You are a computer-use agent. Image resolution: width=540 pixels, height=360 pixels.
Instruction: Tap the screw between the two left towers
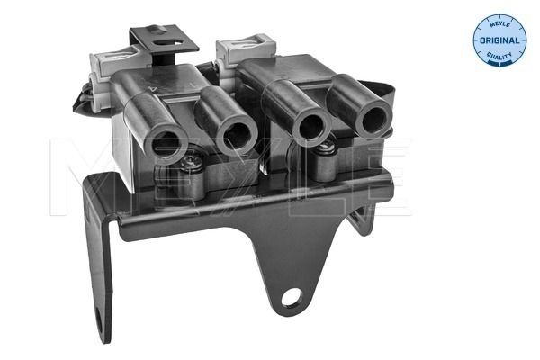(192, 164)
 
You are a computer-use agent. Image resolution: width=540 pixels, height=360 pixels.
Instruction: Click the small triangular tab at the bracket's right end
(365, 218)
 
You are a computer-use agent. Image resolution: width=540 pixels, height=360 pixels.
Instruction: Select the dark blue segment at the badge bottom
(499, 62)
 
